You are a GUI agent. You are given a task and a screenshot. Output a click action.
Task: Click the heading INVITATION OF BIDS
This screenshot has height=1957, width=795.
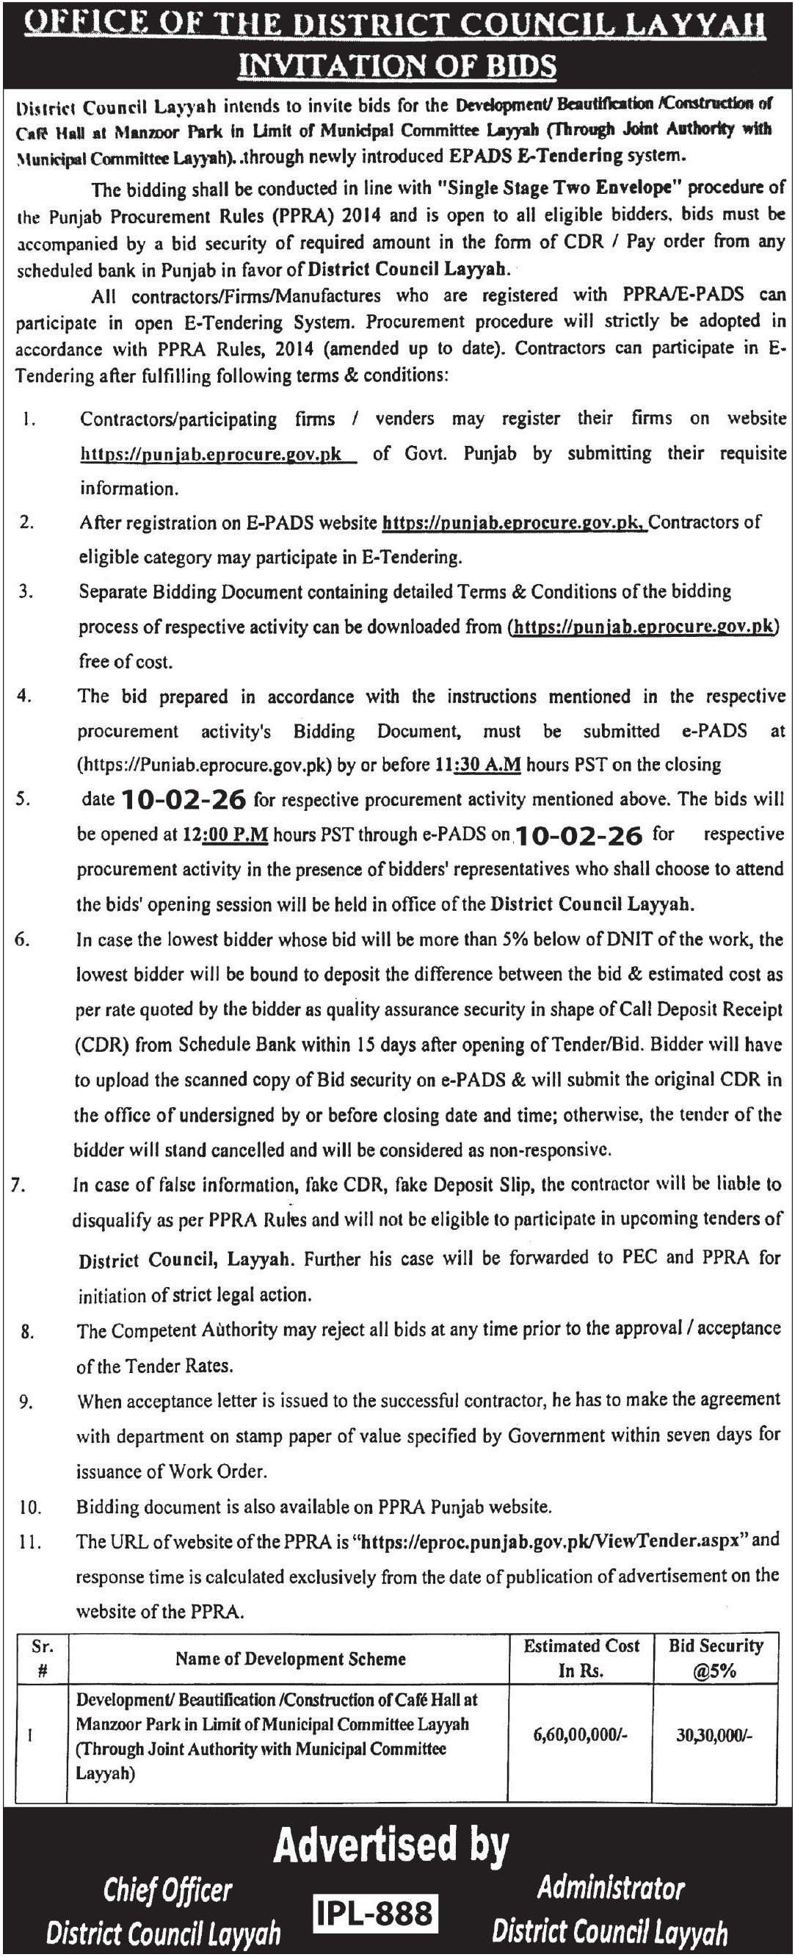coord(397,66)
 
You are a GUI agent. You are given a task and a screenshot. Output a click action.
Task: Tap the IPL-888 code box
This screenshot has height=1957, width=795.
coord(375,1914)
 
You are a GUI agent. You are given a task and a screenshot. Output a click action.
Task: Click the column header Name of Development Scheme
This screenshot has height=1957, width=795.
coord(290,1659)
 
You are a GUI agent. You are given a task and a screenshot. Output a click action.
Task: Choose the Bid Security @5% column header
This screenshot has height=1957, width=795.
coord(714,1658)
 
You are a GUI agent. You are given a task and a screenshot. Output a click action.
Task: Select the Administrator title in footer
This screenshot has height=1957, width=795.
coord(611,1887)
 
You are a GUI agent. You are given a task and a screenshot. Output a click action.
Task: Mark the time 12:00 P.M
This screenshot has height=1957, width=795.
coord(225,835)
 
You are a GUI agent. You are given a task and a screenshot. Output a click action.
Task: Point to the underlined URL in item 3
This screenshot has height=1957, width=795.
coord(643,627)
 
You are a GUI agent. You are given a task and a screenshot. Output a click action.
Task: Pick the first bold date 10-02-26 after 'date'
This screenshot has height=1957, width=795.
coord(184,799)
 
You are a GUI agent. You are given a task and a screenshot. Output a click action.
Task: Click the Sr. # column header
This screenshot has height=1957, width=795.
coord(42,1659)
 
